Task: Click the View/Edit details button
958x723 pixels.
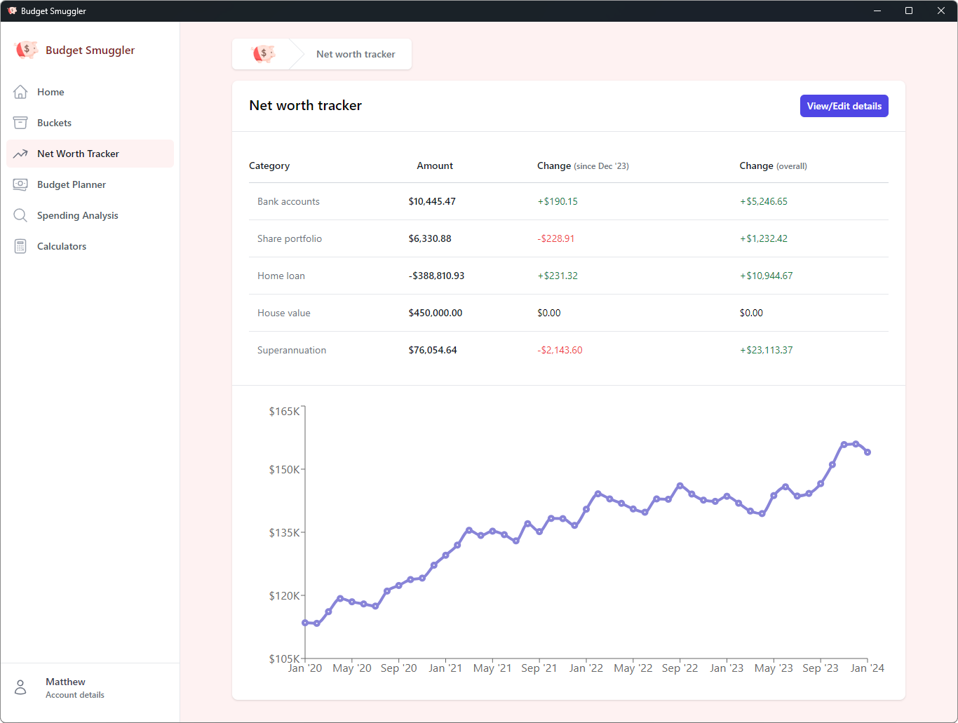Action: pyautogui.click(x=844, y=106)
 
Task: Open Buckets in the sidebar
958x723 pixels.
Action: pyautogui.click(x=54, y=123)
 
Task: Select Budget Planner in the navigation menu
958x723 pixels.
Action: pyautogui.click(x=71, y=184)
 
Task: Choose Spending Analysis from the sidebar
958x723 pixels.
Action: pyautogui.click(x=77, y=215)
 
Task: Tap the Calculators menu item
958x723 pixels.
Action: pyautogui.click(x=62, y=246)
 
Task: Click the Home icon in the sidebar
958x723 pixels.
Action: pyautogui.click(x=20, y=92)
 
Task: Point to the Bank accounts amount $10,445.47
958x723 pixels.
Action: pyautogui.click(x=432, y=201)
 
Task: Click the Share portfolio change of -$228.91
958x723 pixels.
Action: pyautogui.click(x=556, y=238)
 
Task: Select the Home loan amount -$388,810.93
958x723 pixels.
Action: pyautogui.click(x=436, y=276)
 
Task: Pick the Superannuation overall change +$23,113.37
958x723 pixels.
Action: pyautogui.click(x=766, y=350)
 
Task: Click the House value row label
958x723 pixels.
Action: pyautogui.click(x=283, y=313)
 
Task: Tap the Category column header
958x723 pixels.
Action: pyautogui.click(x=269, y=165)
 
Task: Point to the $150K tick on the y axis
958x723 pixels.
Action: pyautogui.click(x=284, y=469)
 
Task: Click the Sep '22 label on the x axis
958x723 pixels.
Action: pyautogui.click(x=680, y=668)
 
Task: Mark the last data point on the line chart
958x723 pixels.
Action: pyautogui.click(x=868, y=452)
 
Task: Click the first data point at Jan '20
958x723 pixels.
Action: pyautogui.click(x=305, y=623)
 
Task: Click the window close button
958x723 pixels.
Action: pyautogui.click(x=941, y=11)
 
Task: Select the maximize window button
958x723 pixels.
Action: pyautogui.click(x=909, y=11)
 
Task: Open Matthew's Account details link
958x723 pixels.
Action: pyautogui.click(x=74, y=695)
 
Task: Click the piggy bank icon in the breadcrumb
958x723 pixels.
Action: pyautogui.click(x=264, y=54)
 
